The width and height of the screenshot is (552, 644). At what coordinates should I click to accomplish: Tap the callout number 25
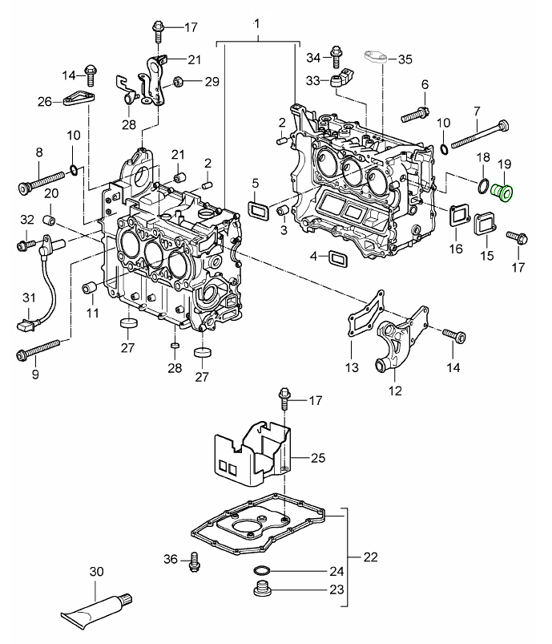[317, 458]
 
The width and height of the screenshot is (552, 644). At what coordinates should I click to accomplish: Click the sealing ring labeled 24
[261, 571]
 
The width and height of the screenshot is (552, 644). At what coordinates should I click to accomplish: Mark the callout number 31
[29, 298]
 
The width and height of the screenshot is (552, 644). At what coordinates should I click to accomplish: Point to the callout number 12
[394, 391]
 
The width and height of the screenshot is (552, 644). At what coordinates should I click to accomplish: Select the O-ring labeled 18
[483, 188]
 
